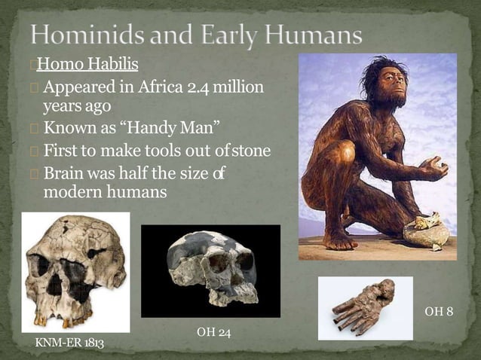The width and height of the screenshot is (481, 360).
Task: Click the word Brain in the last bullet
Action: coord(63,173)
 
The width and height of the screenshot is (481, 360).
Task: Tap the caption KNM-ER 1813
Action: coord(69,343)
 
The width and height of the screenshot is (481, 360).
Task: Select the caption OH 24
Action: coord(213,332)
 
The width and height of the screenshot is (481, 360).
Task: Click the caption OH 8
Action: coord(439,311)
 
